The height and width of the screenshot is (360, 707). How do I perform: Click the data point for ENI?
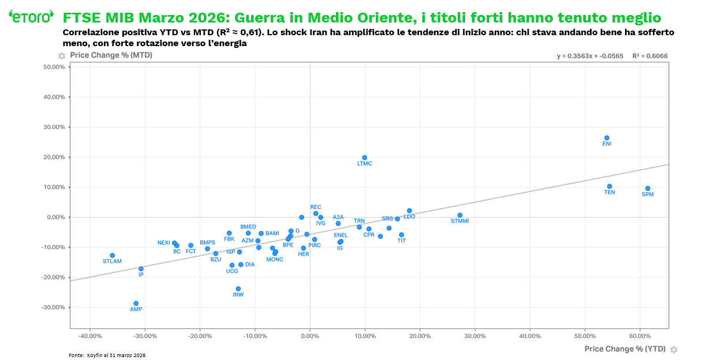tap(607, 138)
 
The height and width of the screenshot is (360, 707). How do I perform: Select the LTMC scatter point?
tap(364, 157)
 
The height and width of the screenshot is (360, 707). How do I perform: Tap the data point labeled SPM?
tap(648, 189)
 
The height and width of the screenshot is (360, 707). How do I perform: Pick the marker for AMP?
tap(136, 303)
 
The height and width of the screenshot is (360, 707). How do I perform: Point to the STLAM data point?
tap(112, 255)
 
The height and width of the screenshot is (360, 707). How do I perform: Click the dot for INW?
tap(238, 288)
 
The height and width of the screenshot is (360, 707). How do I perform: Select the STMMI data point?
tap(460, 215)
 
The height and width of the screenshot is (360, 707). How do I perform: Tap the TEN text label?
tap(609, 193)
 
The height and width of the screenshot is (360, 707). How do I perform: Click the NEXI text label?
tap(163, 243)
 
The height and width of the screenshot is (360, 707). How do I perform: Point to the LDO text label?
tap(409, 217)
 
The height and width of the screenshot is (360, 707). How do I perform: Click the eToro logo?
tap(31, 16)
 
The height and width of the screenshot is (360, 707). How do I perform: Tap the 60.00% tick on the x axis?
tap(639, 336)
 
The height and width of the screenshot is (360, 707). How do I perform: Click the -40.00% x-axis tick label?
tap(90, 336)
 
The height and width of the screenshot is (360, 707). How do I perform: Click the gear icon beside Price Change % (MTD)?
tap(62, 56)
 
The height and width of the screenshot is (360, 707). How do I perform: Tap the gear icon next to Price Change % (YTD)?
tap(674, 350)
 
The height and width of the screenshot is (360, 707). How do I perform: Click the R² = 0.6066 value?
tap(650, 56)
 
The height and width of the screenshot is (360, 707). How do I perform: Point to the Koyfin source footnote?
tap(107, 355)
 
